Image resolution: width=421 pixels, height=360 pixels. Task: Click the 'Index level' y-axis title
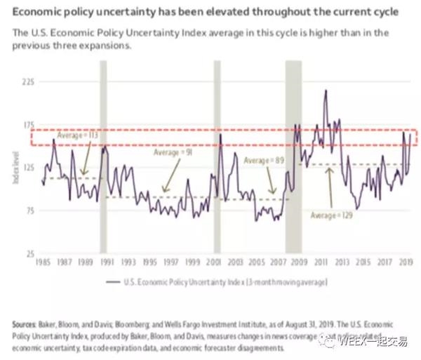coord(14,168)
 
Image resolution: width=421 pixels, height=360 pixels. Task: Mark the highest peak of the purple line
coord(326,90)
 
